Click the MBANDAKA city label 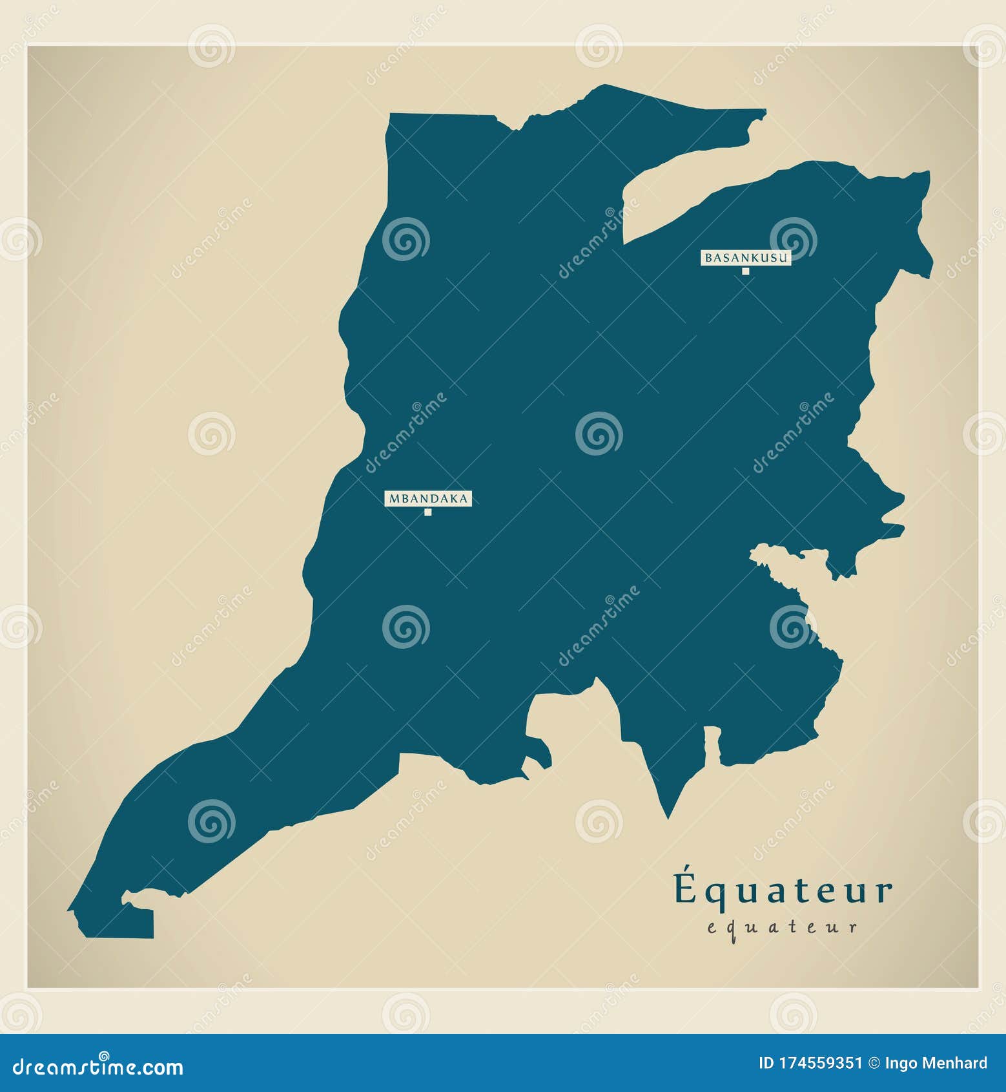point(428,498)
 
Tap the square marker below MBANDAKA point(427,512)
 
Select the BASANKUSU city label point(746,258)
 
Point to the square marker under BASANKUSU point(745,271)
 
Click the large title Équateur point(783,890)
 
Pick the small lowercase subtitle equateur point(782,927)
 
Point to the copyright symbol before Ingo point(874,1064)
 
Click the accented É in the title point(686,888)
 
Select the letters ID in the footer point(766,1064)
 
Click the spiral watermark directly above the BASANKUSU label point(793,238)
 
